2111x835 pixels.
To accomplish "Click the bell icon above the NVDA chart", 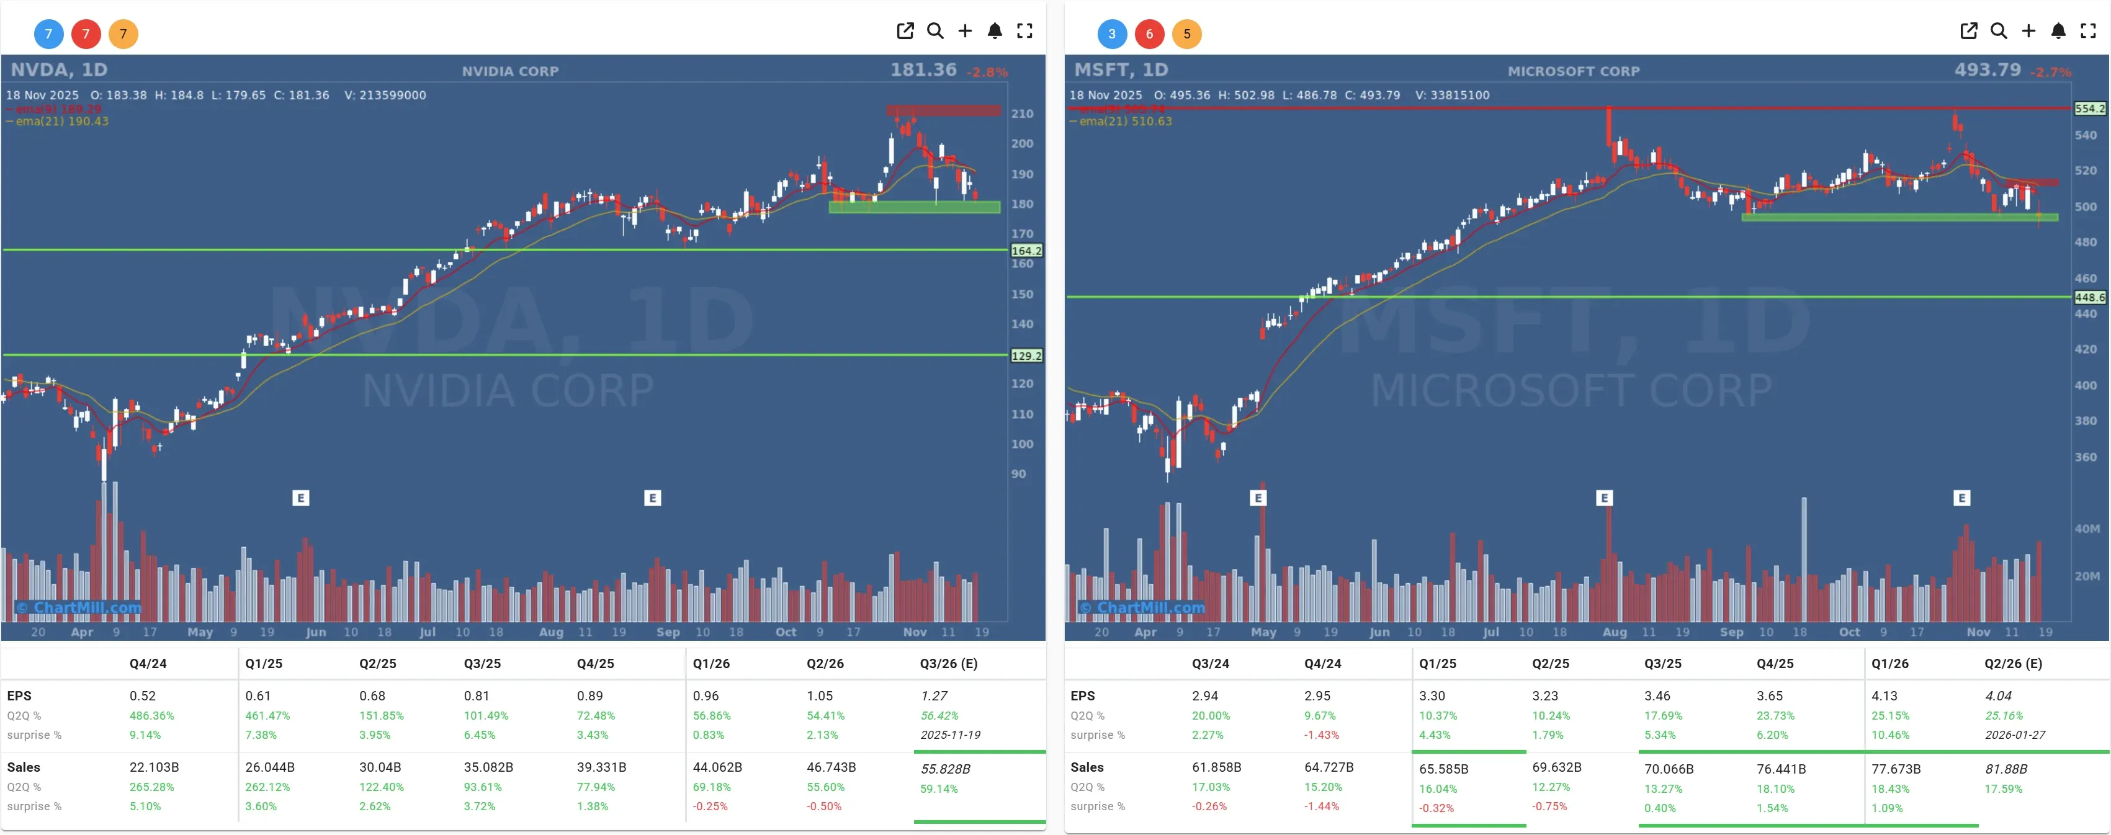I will tap(994, 31).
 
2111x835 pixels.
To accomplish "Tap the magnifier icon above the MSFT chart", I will tap(1998, 31).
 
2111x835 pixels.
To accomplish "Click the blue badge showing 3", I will tap(1111, 33).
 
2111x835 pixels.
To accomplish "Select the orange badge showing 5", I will tap(1186, 33).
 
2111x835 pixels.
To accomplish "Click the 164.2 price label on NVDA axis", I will tap(1026, 251).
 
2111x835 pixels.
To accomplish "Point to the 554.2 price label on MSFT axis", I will tap(2089, 108).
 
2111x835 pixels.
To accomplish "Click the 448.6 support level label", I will tap(2089, 297).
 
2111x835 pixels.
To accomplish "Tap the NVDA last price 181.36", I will tap(923, 69).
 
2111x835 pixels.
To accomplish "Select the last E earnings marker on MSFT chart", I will tap(1961, 498).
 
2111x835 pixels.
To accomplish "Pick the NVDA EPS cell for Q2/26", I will tap(820, 695).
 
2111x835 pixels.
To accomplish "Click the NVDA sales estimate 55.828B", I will tap(945, 769).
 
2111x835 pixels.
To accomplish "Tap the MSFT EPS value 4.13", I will tap(1884, 695).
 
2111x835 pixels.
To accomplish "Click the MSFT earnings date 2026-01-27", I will tap(2014, 735).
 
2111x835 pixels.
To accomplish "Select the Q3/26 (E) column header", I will tap(948, 664).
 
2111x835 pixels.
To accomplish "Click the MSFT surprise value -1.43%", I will tap(1321, 735).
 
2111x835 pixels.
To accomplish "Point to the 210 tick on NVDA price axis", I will tap(1022, 114).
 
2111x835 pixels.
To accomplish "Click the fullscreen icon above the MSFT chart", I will tap(2087, 31).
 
